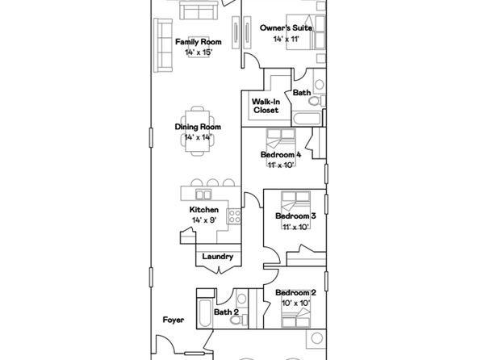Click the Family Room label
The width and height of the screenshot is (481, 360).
coord(199,42)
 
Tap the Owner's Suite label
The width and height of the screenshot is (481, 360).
coord(286,28)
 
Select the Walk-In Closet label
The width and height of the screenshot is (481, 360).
coord(266,106)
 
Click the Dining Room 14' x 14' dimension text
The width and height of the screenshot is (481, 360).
coord(199,137)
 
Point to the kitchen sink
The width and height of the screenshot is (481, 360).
coord(203,195)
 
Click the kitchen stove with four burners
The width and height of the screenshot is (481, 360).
coord(234,216)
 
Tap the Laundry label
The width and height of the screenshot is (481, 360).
coord(217,257)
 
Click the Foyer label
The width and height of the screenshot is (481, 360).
coord(174,320)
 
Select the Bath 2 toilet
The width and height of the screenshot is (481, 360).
coord(237,320)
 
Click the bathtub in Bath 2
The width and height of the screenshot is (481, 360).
coord(205,313)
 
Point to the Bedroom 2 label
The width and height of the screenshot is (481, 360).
coord(295,293)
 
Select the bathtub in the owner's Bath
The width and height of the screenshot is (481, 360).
coord(307,119)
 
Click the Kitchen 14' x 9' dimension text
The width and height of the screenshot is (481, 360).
coord(204,220)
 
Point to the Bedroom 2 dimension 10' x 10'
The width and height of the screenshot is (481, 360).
coord(295,303)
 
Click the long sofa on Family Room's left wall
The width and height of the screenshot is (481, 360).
coord(163,45)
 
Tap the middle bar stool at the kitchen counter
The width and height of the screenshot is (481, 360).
coord(212,182)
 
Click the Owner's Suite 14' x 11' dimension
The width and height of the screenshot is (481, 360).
coord(286,39)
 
